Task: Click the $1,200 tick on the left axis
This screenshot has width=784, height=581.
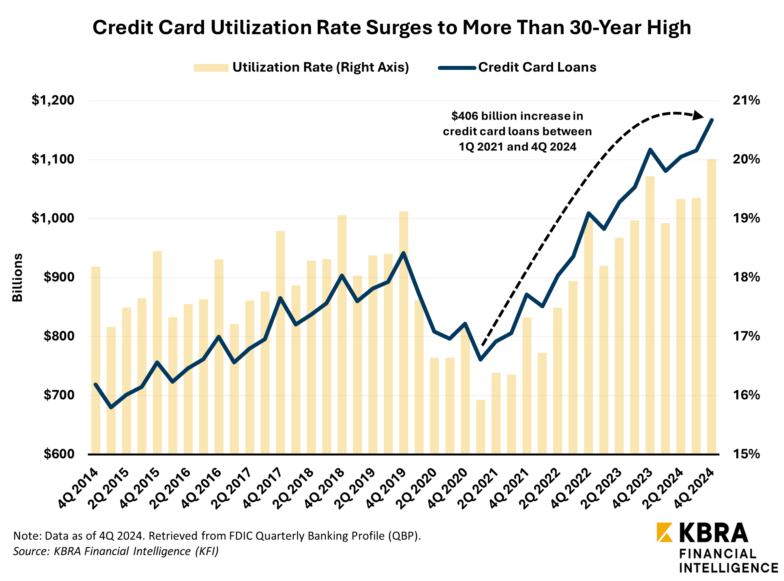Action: click(53, 101)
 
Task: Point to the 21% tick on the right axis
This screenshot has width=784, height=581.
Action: click(746, 101)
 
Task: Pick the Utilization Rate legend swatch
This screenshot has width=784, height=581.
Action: click(211, 68)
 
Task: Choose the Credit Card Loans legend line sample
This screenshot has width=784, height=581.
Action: click(457, 68)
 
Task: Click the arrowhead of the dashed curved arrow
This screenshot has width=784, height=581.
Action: click(698, 116)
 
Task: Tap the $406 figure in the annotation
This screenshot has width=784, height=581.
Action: click(466, 116)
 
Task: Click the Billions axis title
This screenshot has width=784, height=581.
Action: click(18, 277)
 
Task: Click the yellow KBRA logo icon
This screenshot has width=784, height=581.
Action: click(664, 532)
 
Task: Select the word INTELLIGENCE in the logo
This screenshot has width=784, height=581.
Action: click(728, 568)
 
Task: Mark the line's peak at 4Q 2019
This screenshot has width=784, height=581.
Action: click(403, 253)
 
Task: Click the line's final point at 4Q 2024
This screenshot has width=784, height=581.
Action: click(711, 120)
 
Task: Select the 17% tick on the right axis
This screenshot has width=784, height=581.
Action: click(746, 336)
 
